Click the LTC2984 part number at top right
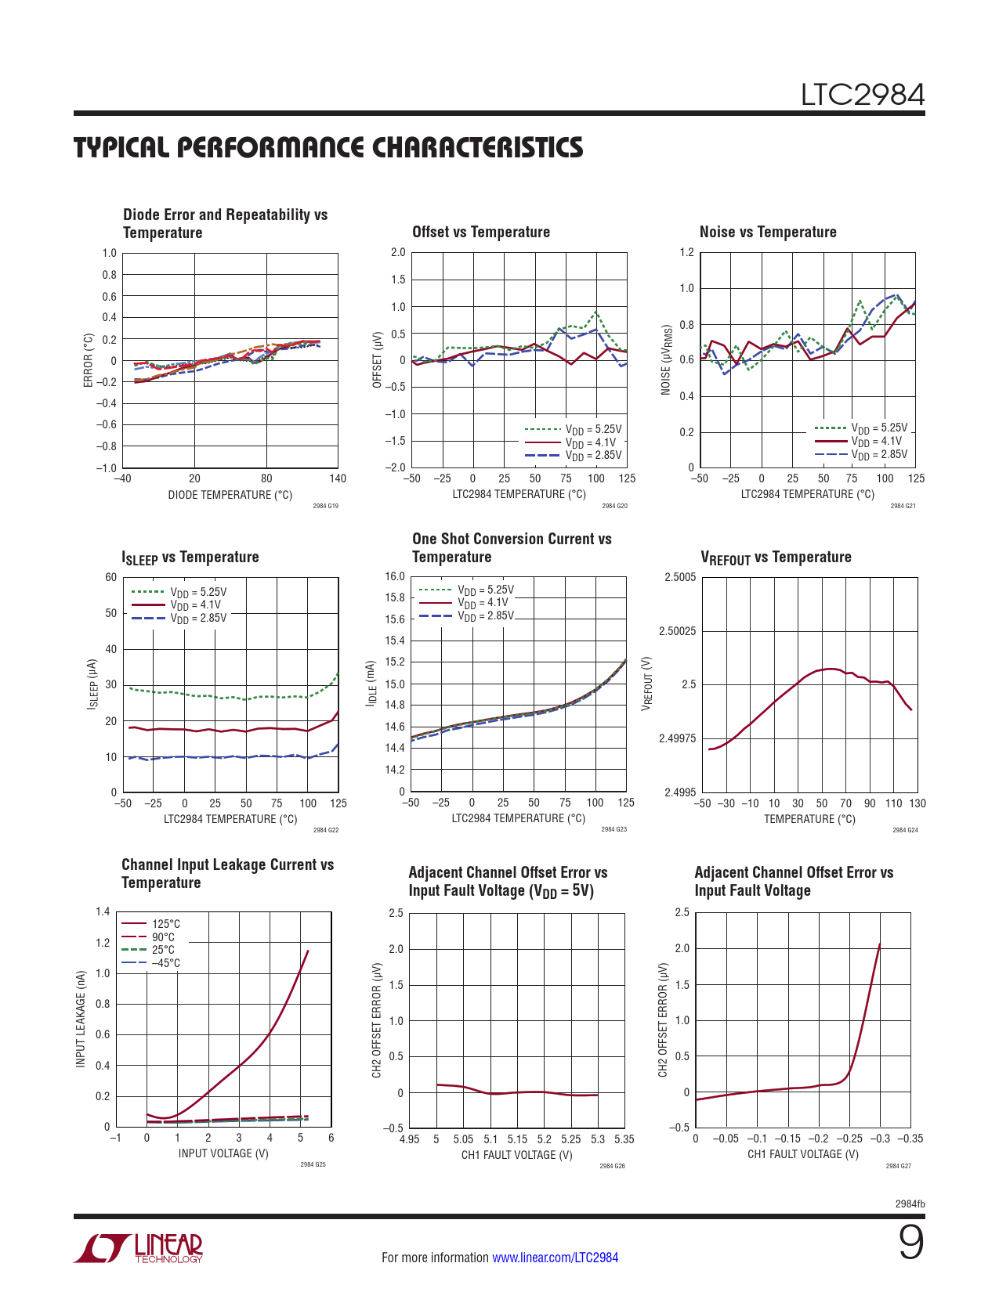(862, 95)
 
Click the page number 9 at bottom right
(910, 1243)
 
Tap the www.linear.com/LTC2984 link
(555, 1258)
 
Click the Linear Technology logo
(139, 1248)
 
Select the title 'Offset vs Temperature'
(481, 232)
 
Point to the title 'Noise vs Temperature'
(768, 232)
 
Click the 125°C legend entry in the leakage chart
(165, 924)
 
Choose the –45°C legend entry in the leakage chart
(165, 963)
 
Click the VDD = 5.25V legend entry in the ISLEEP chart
(198, 592)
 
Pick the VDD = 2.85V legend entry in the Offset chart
(593, 455)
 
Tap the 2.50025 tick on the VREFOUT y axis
(677, 631)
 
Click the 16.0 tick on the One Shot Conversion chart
(395, 576)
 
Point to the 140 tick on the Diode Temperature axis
(338, 478)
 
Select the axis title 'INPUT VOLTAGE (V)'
(223, 1153)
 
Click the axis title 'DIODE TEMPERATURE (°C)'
(230, 495)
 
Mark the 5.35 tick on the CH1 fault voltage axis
(624, 1139)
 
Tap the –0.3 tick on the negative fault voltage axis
(881, 1139)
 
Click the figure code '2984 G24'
(905, 830)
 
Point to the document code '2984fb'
(910, 1204)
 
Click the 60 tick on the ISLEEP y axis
(111, 577)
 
